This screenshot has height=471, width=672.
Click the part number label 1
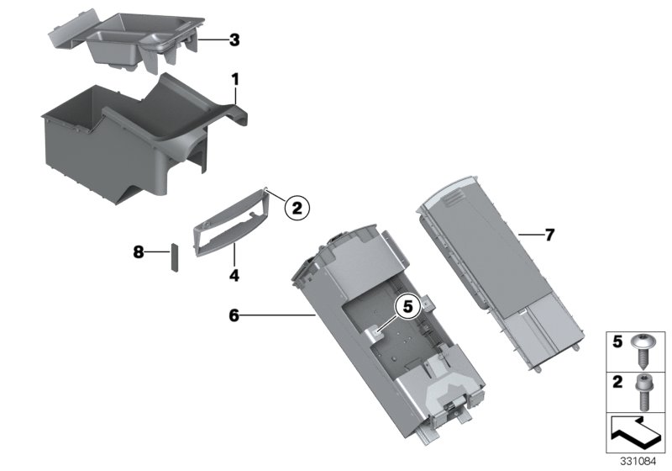point(236,79)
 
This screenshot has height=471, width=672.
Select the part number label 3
point(234,40)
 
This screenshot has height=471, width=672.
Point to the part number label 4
point(234,274)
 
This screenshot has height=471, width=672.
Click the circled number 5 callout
point(407,309)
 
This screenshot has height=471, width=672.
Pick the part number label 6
point(234,315)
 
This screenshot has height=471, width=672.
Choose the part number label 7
point(549,235)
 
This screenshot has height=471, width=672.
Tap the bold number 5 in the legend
point(616,343)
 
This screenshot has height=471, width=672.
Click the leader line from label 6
point(277,315)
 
